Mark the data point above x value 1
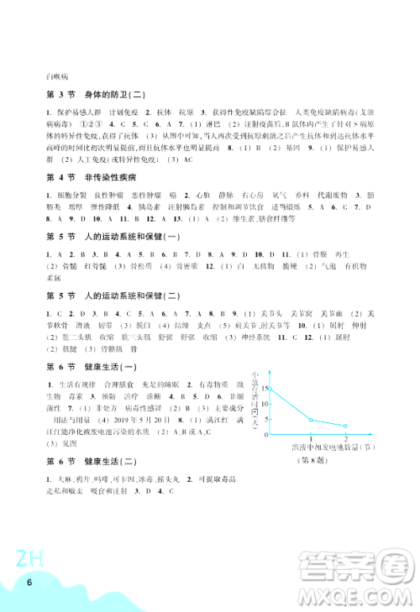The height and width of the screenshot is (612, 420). pos(311,420)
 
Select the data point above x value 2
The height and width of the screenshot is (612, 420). pos(345,426)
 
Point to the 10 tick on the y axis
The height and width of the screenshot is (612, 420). pos(264,402)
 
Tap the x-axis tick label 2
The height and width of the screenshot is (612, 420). pos(345,439)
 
